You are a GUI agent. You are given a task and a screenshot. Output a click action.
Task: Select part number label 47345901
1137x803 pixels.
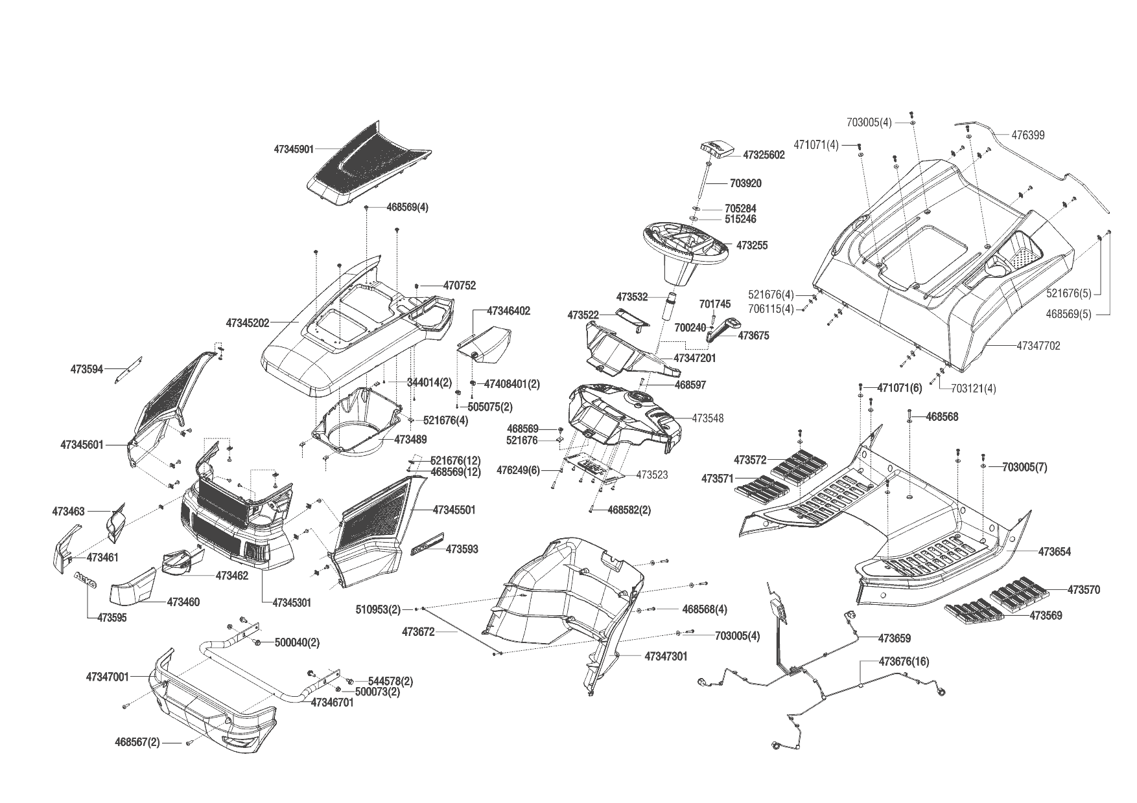tap(293, 149)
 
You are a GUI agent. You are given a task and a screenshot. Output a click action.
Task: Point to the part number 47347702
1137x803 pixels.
tap(1038, 346)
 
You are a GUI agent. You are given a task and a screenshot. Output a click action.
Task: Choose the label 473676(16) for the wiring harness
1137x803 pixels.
tap(904, 661)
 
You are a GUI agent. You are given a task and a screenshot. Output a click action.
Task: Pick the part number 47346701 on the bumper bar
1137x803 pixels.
tap(333, 702)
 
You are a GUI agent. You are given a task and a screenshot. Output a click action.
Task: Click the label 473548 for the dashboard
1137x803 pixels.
tap(707, 418)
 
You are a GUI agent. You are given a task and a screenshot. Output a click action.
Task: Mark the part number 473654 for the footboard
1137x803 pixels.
tap(1055, 552)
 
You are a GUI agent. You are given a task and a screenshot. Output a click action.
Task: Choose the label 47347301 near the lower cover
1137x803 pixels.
tap(666, 656)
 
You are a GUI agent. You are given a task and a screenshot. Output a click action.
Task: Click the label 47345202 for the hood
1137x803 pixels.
tap(248, 322)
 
